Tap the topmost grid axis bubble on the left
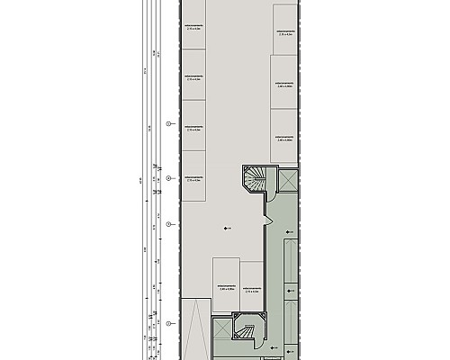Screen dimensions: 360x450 click(168, 122)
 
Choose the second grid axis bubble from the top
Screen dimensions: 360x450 click(168, 178)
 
